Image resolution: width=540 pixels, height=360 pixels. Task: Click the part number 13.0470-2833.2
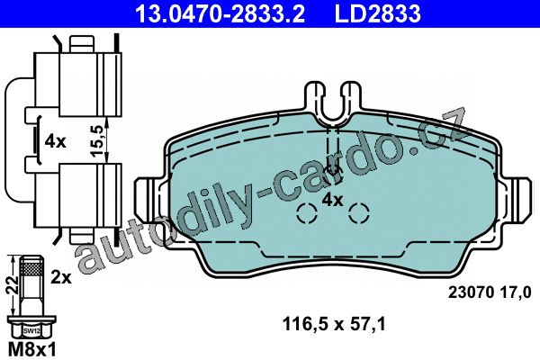220,13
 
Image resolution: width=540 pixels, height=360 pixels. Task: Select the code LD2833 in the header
377,13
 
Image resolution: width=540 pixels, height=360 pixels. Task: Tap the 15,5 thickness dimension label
97,141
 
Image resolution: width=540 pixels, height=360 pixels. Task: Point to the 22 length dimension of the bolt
12,285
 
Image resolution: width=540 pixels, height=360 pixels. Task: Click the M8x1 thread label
31,350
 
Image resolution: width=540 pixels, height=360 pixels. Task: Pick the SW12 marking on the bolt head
30,331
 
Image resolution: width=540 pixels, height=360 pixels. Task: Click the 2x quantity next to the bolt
61,277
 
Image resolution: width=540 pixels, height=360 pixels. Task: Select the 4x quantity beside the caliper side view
55,141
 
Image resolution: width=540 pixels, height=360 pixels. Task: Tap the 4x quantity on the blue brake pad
332,200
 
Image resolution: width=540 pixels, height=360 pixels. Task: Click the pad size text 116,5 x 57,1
334,324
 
